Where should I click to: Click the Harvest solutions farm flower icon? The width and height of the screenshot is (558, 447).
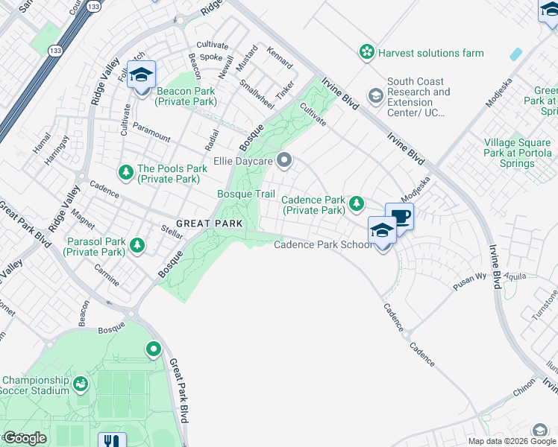click(x=366, y=52)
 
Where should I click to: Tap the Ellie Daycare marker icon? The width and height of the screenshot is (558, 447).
click(x=283, y=160)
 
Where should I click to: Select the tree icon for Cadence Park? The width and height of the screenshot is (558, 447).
click(x=357, y=203)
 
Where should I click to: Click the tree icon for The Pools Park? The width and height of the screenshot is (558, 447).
click(x=125, y=173)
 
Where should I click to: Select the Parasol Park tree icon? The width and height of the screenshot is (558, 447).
click(x=137, y=244)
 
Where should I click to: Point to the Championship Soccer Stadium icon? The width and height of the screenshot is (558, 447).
click(x=81, y=384)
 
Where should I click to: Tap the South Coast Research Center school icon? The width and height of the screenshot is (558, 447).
click(x=375, y=96)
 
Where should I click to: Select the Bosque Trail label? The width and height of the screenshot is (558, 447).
click(x=245, y=194)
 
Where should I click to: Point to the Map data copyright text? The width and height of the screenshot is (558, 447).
click(x=512, y=441)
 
